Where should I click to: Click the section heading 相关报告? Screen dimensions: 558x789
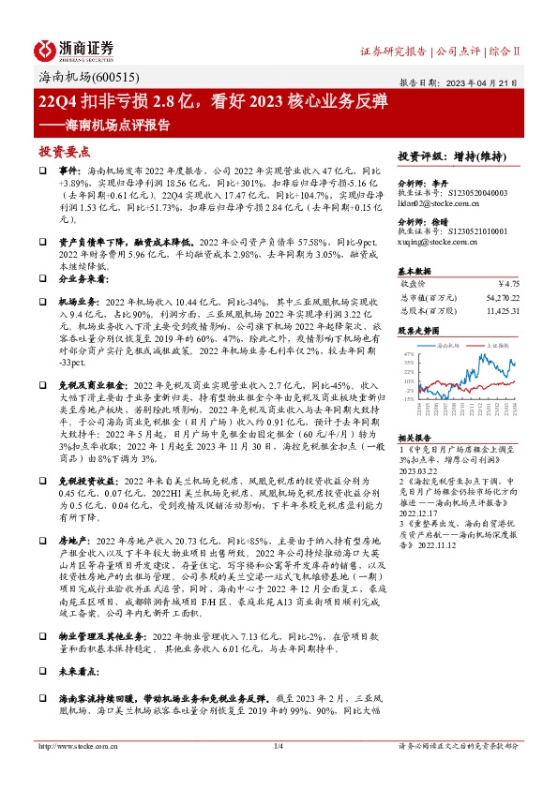pos(415,438)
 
